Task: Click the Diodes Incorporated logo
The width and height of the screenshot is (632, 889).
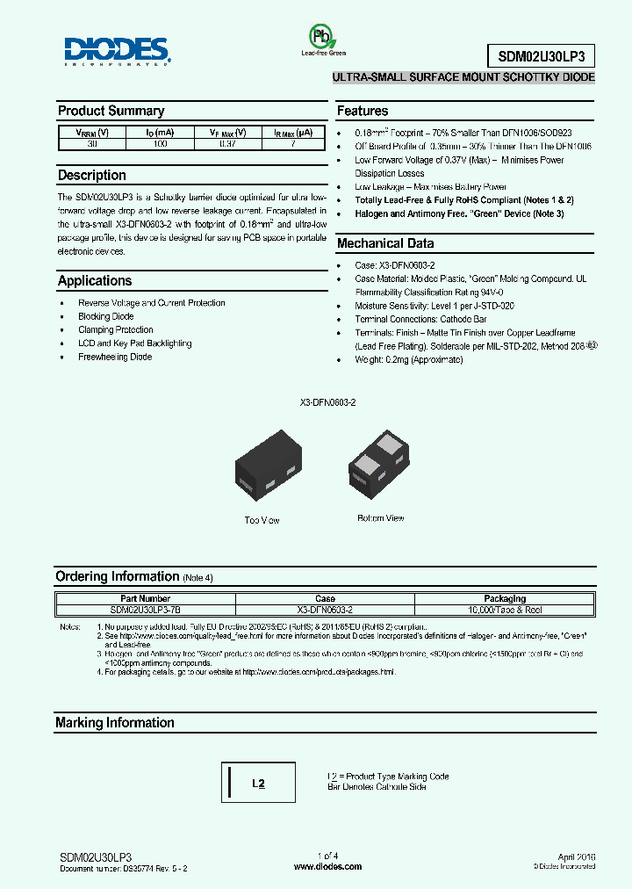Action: (x=116, y=51)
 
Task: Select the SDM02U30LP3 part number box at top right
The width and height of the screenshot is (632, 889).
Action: (x=541, y=55)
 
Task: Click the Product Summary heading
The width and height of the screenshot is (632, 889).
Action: (x=111, y=112)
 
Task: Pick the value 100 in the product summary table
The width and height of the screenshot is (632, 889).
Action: (x=160, y=143)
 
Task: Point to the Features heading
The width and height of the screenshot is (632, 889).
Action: (x=363, y=112)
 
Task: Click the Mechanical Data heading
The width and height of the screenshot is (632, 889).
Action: (x=385, y=243)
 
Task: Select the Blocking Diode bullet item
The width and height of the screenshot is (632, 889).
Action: (x=106, y=316)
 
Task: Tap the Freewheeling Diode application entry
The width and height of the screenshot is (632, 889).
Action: (x=115, y=357)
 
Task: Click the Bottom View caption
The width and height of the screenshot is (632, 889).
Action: (x=380, y=518)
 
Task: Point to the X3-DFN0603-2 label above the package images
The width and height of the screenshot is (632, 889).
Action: (x=327, y=401)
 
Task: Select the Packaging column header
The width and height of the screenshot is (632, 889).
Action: (x=505, y=598)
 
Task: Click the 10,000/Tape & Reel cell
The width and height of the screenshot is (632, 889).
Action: (x=505, y=608)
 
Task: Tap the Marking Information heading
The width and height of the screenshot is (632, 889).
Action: (x=115, y=723)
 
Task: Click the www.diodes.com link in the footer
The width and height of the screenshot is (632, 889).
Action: (x=327, y=866)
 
